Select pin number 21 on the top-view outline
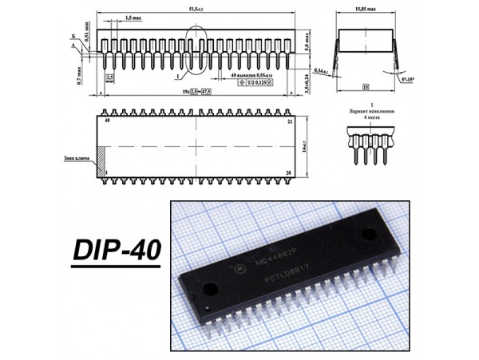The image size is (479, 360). pos(290,121)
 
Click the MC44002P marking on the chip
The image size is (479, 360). pos(273,258)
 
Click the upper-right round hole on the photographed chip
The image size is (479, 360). pos(368,234)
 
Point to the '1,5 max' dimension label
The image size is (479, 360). pos(131,17)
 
